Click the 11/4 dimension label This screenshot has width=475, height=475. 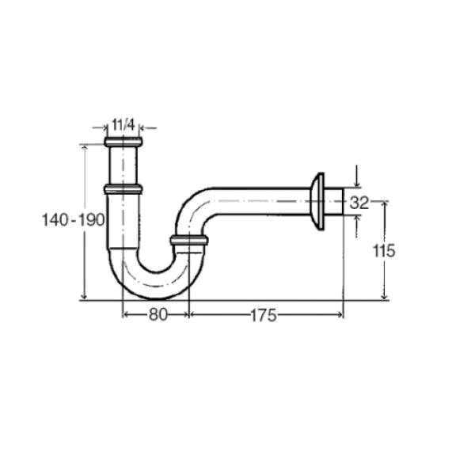pos(123,124)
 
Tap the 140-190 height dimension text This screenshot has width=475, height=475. pos(74,219)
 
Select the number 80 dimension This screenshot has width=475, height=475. pos(158,314)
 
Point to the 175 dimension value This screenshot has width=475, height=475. pos(264,315)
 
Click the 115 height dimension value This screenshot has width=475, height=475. pos(383,250)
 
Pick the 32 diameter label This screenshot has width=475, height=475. pos(359,203)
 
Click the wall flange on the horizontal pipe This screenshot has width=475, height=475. pos(317,201)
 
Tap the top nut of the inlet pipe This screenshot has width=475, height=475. pos(123,142)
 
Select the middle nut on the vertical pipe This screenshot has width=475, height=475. pos(123,189)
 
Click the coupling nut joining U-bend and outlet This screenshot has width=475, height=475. pos(189,240)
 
